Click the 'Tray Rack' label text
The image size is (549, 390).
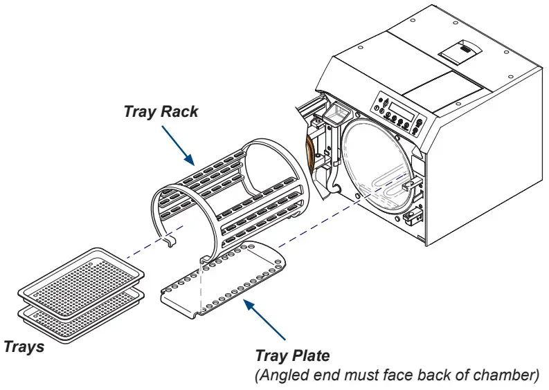click(161, 110)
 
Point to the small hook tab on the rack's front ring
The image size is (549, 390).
click(170, 241)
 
